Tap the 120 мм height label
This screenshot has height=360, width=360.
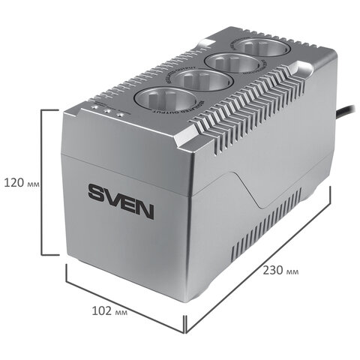coord(22,181)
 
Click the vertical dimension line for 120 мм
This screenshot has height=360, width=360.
coord(41,181)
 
